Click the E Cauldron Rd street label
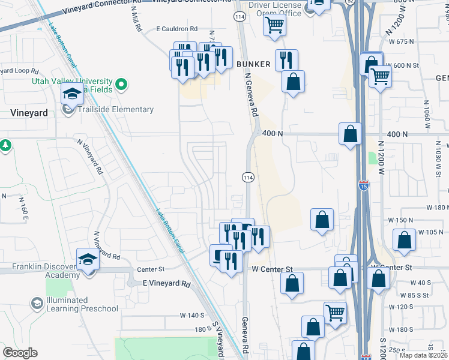tap(176, 29)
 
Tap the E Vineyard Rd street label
tap(166, 283)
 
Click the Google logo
tap(20, 353)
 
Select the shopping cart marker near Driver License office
tap(274, 26)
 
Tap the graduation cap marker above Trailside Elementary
tap(72, 94)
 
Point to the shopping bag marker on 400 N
tap(350, 134)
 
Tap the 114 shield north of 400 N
tap(240, 17)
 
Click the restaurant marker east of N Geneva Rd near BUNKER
tap(286, 59)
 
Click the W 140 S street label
tap(193, 315)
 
